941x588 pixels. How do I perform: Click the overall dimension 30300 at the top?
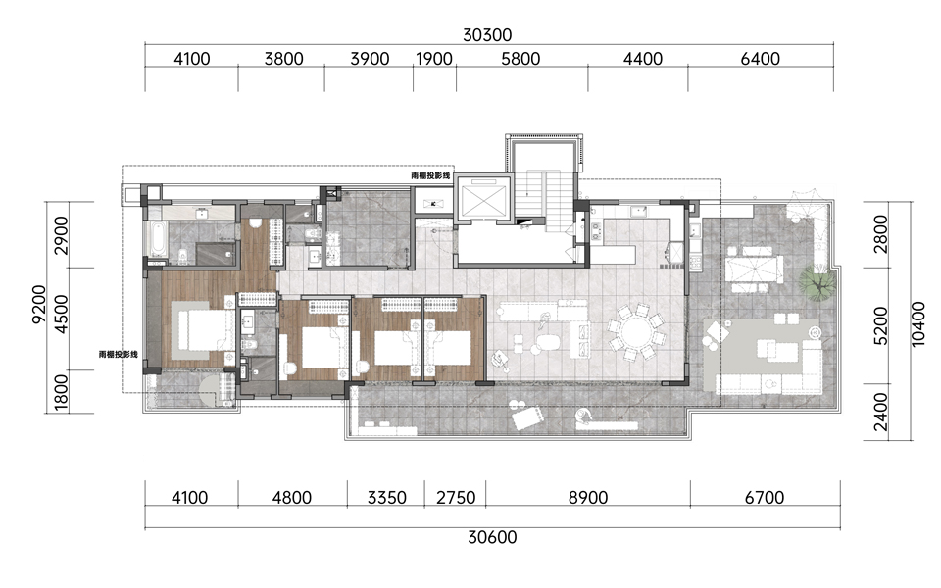tap(487, 35)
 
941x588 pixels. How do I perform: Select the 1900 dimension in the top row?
tap(434, 59)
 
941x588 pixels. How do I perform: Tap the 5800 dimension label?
tap(520, 59)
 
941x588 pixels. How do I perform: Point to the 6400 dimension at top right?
tap(761, 59)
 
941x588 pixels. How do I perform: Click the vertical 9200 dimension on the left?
tap(38, 304)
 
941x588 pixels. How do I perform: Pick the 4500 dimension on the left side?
tap(61, 314)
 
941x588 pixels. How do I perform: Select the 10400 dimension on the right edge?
tap(917, 323)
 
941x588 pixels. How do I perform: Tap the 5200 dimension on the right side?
tap(880, 325)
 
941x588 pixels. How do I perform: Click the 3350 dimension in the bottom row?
tap(386, 498)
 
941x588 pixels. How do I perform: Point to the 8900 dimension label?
tap(588, 498)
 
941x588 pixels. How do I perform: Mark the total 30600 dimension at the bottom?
tap(492, 536)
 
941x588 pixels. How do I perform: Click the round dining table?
tap(636, 332)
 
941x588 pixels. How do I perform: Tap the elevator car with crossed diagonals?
tap(482, 198)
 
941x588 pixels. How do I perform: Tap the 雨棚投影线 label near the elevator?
tap(430, 175)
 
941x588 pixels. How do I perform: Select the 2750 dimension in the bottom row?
tap(456, 498)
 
